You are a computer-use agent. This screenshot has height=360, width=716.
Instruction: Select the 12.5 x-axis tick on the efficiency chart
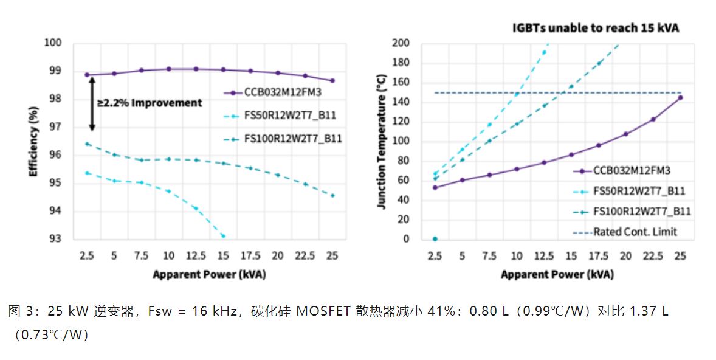point(196,256)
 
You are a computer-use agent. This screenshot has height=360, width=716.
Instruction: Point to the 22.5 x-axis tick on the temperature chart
point(653,256)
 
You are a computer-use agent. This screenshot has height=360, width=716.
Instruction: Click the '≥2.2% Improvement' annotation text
point(150,103)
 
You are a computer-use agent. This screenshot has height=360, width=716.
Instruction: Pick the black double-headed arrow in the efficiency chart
point(92,103)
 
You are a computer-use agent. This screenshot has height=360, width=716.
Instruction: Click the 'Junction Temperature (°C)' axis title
point(381,142)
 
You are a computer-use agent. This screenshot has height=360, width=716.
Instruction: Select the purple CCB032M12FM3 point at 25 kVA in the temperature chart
point(680,97)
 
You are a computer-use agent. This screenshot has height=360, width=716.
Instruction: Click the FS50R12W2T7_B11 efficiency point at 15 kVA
point(223,236)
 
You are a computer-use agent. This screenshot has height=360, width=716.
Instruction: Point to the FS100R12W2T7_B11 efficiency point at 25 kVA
point(332,195)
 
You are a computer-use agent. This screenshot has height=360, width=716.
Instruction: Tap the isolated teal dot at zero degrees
point(435,239)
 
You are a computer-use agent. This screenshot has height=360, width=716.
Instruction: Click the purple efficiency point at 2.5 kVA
point(87,75)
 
